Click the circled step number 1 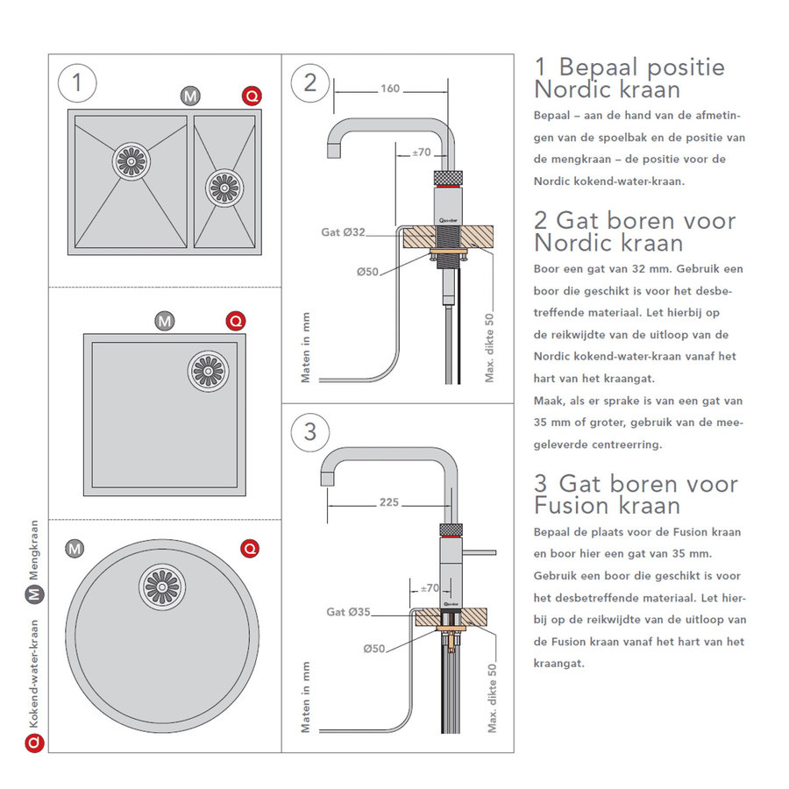click(77, 83)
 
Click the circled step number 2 click(309, 83)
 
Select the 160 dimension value click(391, 89)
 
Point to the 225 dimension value click(389, 502)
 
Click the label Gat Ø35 click(347, 611)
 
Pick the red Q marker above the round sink click(251, 549)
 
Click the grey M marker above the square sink click(164, 321)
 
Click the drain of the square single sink click(208, 370)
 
